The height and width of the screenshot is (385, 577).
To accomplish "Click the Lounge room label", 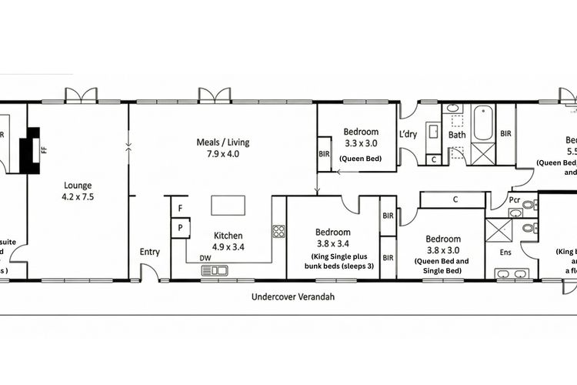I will pyautogui.click(x=78, y=185).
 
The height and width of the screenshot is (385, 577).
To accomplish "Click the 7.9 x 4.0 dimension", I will pyautogui.click(x=224, y=154).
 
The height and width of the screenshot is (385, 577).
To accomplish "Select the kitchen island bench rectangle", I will pyautogui.click(x=228, y=205).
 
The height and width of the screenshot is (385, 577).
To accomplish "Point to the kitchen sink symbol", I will pyautogui.click(x=214, y=270).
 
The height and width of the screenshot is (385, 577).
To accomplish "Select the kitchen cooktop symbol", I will pyautogui.click(x=278, y=231).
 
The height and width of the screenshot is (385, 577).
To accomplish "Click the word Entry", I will pyautogui.click(x=150, y=252).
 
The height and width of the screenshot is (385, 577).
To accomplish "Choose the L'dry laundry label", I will pyautogui.click(x=408, y=135).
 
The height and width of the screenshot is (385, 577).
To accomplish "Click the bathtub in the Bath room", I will pyautogui.click(x=483, y=123).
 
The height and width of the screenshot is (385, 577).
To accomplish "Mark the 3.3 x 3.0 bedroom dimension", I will pyautogui.click(x=361, y=143).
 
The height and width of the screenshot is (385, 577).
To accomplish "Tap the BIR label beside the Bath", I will pyautogui.click(x=505, y=134).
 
